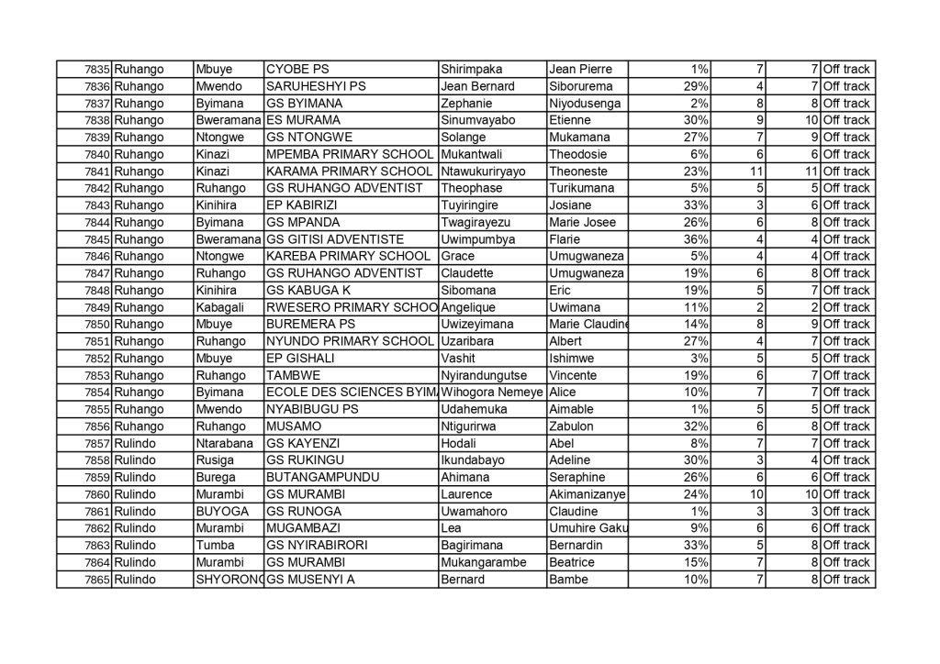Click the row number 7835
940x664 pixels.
pos(96,70)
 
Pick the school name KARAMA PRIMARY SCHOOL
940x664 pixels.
pos(348,172)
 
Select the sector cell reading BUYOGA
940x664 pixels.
pos(219,511)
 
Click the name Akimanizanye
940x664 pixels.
pos(587,494)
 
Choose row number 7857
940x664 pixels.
pos(96,443)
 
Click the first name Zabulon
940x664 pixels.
pos(572,426)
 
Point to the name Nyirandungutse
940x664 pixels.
pos(487,375)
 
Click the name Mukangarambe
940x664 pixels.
pos(487,562)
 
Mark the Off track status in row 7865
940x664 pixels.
pos(845,580)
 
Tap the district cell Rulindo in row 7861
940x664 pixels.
pos(135,511)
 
